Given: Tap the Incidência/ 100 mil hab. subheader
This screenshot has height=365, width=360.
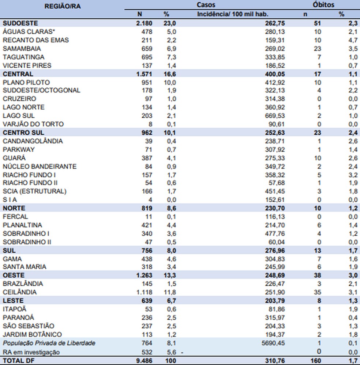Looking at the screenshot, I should point(233,14).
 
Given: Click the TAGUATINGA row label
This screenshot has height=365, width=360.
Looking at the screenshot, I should point(23,57).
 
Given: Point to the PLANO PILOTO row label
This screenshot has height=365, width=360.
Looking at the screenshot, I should point(26,82).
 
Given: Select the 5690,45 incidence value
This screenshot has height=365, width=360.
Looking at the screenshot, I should point(273,343).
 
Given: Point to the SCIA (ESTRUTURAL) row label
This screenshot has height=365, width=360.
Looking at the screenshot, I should point(34,191).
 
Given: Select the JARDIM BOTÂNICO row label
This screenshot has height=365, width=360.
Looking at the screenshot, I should point(32,334).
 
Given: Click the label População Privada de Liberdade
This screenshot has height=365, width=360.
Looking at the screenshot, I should point(49,343).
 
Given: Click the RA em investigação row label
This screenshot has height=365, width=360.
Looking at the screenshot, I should point(31,352).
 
